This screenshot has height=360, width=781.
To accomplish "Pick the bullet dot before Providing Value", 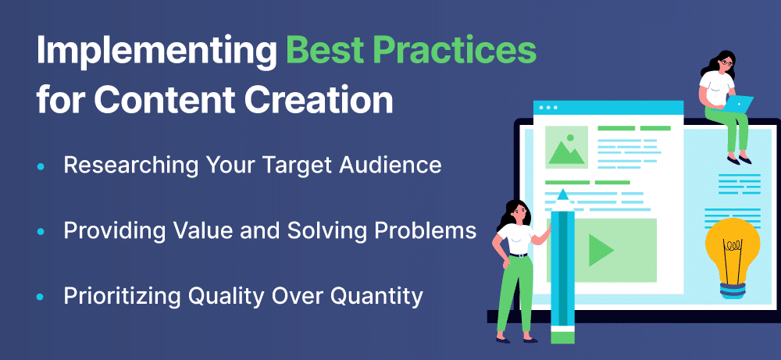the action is (41, 231).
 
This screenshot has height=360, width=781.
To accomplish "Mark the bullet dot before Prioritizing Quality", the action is (41, 298).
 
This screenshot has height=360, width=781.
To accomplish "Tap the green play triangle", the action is (601, 250).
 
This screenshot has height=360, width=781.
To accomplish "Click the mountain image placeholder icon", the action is (566, 147).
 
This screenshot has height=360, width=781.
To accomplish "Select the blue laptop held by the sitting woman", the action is (738, 104).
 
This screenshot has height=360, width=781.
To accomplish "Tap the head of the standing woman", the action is (516, 212).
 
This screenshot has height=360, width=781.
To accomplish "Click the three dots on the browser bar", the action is (548, 108).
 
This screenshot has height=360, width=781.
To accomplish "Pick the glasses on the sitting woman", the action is (727, 62).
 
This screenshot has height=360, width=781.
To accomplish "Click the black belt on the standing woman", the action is (518, 255).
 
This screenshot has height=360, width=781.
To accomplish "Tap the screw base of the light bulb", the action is (733, 290).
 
